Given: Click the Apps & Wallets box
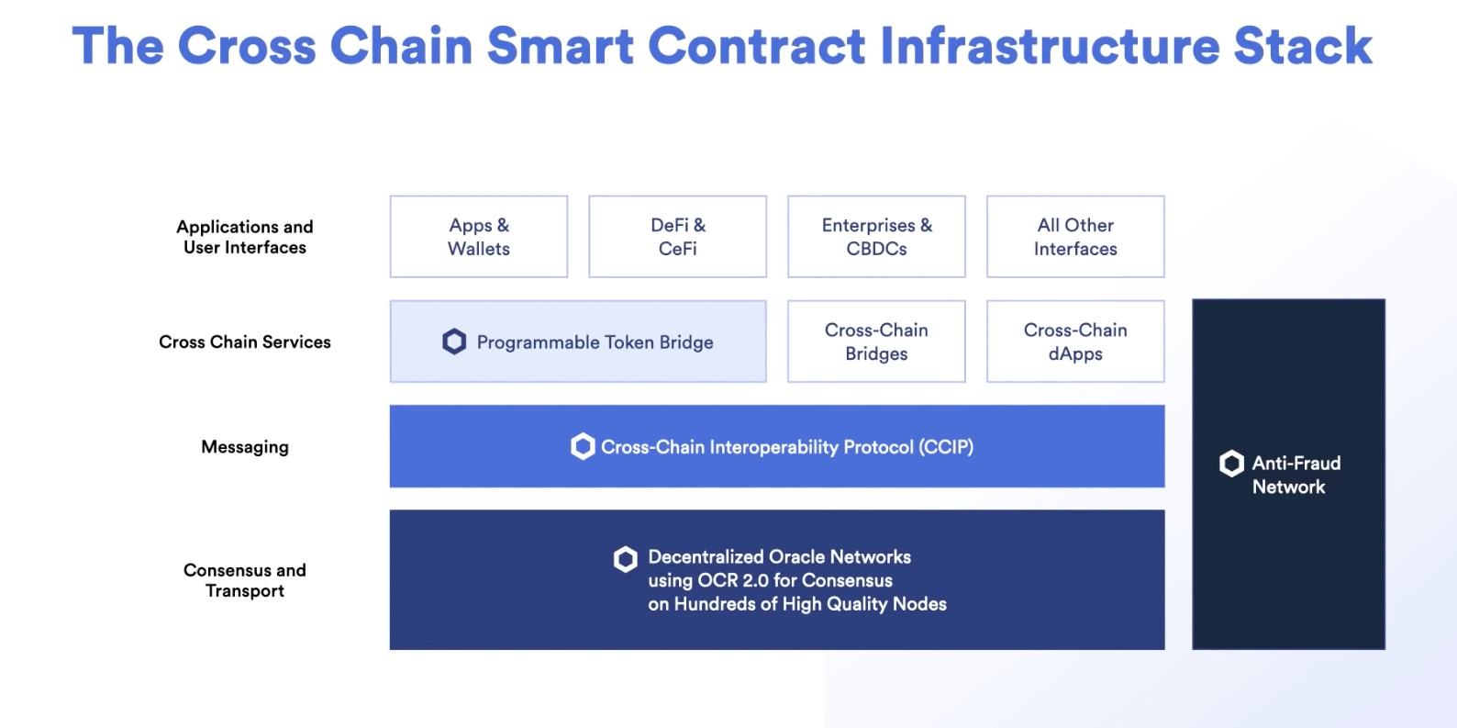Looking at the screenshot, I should pos(478,237).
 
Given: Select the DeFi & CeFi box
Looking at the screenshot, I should pos(677,237).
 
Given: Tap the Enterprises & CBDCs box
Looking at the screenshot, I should pos(876,237).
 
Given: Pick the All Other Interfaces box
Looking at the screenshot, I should pos(1075,237).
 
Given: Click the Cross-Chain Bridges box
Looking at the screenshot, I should pos(876,342).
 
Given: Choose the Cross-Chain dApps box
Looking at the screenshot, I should pos(1075,342).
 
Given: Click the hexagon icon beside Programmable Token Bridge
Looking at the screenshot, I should pos(454,342).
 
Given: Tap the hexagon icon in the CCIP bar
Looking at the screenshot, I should pos(583,447).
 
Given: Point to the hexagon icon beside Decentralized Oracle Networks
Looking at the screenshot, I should pos(626,558).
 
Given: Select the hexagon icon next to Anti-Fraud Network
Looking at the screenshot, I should pos(1231,464).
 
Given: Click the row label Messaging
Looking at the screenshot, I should pos(245,447).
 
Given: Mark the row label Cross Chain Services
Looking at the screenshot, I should pos(245,342).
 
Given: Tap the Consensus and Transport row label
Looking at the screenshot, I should pos(245,580).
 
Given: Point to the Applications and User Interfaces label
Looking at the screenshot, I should pos(245,237).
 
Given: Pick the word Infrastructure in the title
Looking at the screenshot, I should pos(1049,46).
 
